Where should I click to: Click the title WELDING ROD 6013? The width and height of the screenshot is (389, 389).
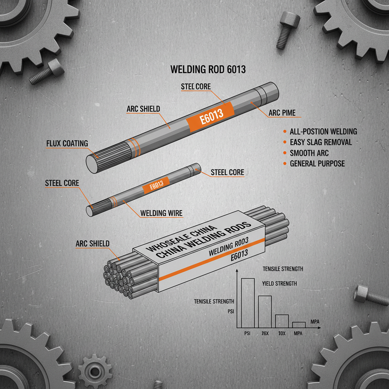pos(208,70)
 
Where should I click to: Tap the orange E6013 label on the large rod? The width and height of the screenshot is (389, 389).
pos(205,117)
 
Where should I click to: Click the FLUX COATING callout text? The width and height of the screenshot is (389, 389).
pos(67,143)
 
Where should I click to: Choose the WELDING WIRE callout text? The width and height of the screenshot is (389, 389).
pos(161,213)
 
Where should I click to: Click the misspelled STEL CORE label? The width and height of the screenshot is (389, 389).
pos(196,87)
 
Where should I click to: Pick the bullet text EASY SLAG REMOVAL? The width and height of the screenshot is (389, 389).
pos(321,142)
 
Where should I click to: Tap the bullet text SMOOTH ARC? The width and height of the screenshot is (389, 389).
pos(309,153)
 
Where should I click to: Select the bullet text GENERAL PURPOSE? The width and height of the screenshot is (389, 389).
pos(317,164)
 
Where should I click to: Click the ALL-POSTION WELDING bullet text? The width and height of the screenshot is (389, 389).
pos(323,131)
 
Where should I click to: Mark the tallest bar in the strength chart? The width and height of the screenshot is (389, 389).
pos(248,303)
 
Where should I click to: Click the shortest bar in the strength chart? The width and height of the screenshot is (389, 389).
pos(299,325)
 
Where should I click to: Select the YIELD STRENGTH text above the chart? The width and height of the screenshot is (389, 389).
pos(280,283)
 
